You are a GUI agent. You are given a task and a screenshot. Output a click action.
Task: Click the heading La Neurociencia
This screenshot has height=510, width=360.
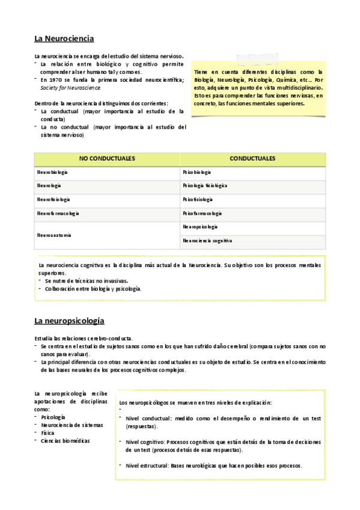[x=64, y=38]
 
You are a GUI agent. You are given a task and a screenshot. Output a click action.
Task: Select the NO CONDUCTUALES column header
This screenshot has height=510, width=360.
[x=107, y=159]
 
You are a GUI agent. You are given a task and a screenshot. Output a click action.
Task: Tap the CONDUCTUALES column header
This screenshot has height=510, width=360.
[x=252, y=159]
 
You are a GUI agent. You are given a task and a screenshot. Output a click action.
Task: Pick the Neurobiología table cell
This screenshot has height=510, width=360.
[x=52, y=173]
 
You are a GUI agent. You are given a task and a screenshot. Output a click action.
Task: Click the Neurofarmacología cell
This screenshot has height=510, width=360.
[x=58, y=214]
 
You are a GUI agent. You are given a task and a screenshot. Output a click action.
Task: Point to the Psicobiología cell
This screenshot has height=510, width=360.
[x=197, y=173]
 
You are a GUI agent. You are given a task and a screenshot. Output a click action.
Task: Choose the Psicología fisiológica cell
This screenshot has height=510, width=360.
[x=205, y=186]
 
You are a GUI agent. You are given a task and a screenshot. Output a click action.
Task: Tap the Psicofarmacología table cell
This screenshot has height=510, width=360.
[x=202, y=214]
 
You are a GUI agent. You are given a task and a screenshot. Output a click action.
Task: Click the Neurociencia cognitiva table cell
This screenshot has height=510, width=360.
[x=207, y=241]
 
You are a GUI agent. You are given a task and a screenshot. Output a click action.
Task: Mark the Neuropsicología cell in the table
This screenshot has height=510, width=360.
[x=200, y=227]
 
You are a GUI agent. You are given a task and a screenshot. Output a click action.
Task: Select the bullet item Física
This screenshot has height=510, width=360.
[x=47, y=432]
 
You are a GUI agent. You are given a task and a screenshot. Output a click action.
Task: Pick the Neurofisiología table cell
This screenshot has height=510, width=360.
[x=53, y=200]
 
